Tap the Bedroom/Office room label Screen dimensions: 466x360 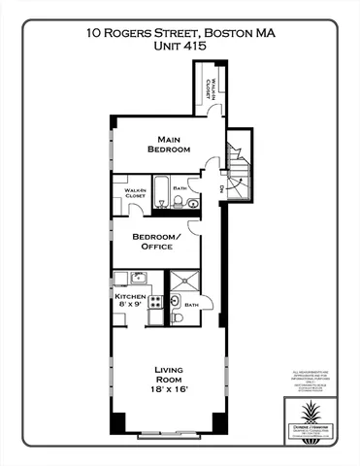pos(156,242)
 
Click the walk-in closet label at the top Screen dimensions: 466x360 pos(209,89)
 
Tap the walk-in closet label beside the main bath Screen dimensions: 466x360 pos(135,193)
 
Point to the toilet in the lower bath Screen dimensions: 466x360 pos(177,317)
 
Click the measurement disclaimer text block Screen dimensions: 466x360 pos(310,380)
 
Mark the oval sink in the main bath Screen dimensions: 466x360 pos(192,204)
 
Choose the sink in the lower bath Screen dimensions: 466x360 pos(177,302)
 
